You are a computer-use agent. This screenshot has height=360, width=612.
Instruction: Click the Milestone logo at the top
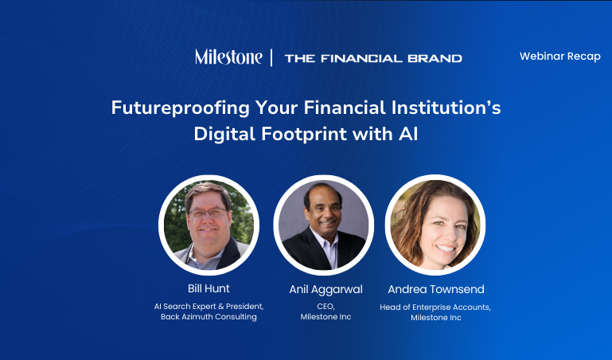[x=228, y=57]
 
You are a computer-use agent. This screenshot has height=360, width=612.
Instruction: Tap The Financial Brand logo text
[x=373, y=59]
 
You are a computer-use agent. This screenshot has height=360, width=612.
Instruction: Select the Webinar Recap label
[x=560, y=57]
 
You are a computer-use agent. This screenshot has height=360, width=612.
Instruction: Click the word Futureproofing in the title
[x=181, y=108]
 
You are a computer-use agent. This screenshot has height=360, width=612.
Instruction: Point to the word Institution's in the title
[x=446, y=108]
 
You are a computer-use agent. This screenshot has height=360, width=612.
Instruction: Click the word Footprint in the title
[x=304, y=134]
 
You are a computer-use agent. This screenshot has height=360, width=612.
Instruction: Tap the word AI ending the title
[x=408, y=134]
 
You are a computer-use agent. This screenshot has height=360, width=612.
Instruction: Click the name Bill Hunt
[x=209, y=288]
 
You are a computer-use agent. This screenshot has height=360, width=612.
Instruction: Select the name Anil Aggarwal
[x=326, y=290]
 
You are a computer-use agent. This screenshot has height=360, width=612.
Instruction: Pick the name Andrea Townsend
[x=436, y=289]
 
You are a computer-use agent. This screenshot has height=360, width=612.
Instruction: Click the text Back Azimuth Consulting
[x=209, y=317]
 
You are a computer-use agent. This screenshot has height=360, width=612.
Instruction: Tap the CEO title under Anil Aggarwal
[x=326, y=307]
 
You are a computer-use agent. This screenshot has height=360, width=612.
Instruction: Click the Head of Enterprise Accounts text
[x=435, y=307]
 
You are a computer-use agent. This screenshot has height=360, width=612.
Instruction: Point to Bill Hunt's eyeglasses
[x=209, y=213]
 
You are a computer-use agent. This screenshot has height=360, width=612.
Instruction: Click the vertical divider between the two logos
[x=271, y=58]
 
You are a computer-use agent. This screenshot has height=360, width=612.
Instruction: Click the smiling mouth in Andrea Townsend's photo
[x=446, y=248]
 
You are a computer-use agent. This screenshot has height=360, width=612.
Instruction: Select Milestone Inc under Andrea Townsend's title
[x=436, y=318]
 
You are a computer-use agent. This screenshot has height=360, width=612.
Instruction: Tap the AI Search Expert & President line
[x=209, y=307]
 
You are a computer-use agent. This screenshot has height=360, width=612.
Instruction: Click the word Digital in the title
[x=224, y=134]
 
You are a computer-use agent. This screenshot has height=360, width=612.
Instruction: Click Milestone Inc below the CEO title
[x=326, y=317]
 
